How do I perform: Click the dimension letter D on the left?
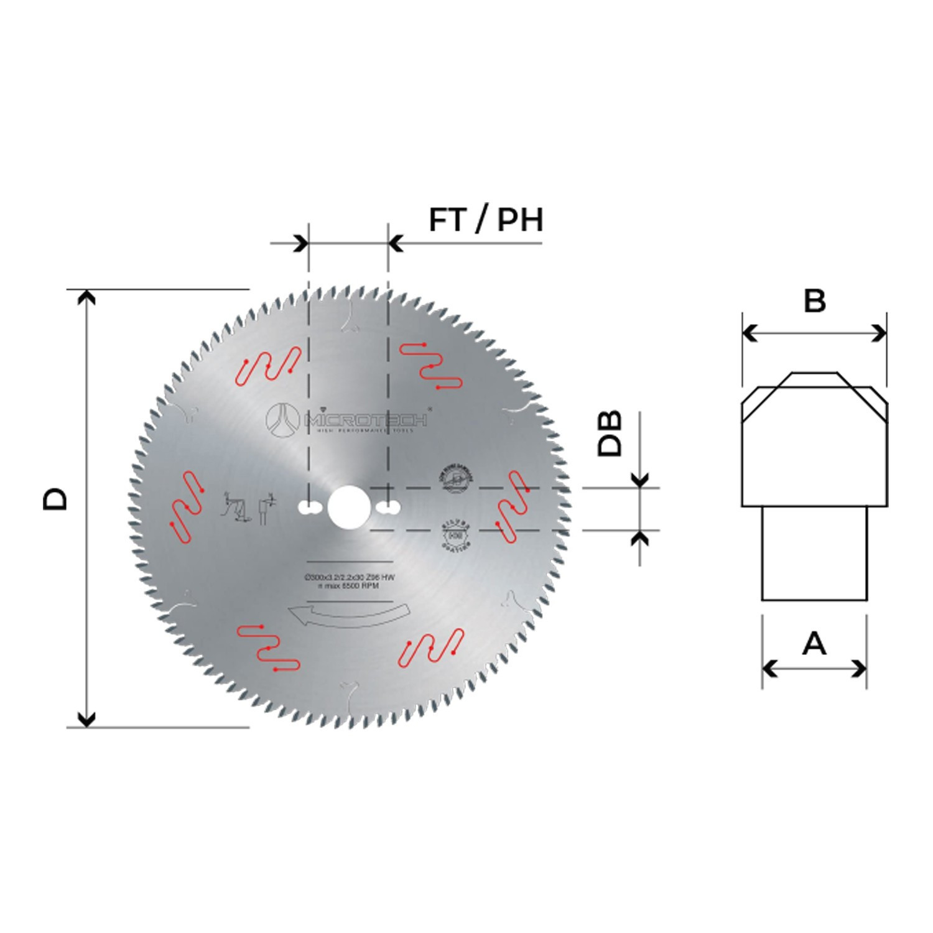coord(55,499)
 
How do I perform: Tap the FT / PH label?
coord(486,220)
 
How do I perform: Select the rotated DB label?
coord(610,434)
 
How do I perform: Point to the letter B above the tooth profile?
coord(814,301)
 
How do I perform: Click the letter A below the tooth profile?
coord(814,643)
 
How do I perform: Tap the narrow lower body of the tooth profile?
coord(814,553)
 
